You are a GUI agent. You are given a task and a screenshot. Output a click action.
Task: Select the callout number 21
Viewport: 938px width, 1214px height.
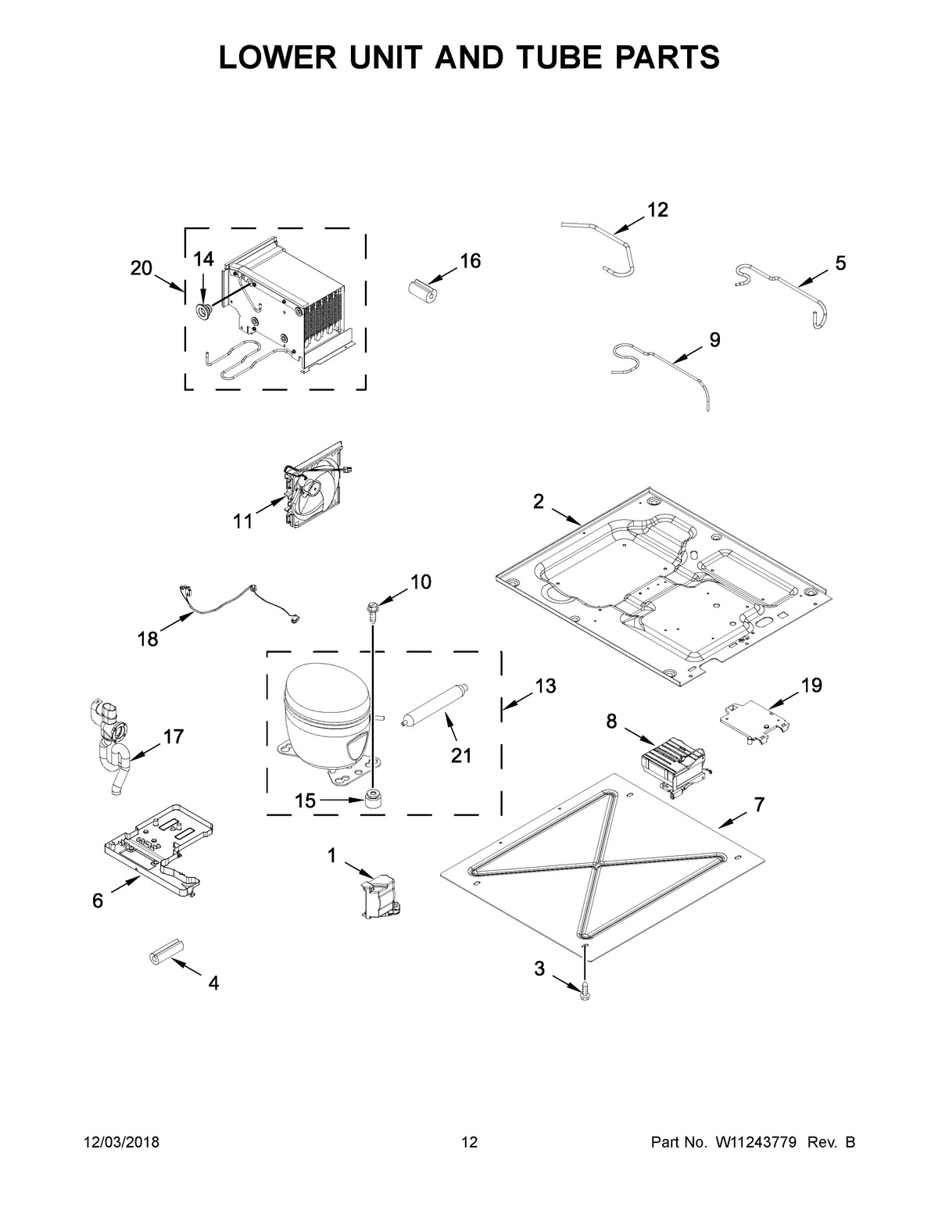tap(461, 756)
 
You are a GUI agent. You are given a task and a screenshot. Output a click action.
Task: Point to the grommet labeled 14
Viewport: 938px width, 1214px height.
tap(204, 313)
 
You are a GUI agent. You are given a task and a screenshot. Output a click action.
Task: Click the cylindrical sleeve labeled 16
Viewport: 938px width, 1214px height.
tap(422, 287)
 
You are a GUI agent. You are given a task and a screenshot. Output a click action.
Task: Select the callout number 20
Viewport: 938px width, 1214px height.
tap(141, 268)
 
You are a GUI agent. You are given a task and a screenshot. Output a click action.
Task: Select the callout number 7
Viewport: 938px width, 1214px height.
tap(760, 805)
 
